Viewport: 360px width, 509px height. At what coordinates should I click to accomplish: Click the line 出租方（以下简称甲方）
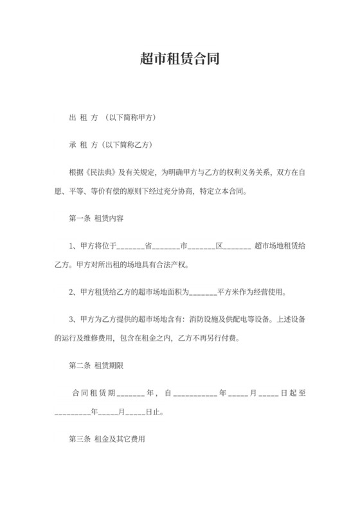click(x=112, y=119)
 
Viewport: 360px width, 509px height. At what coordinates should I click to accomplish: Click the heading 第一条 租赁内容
click(x=96, y=219)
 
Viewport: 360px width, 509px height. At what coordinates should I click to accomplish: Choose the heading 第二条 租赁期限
click(x=96, y=366)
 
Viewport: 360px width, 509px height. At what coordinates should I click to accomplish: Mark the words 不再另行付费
click(x=216, y=338)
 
